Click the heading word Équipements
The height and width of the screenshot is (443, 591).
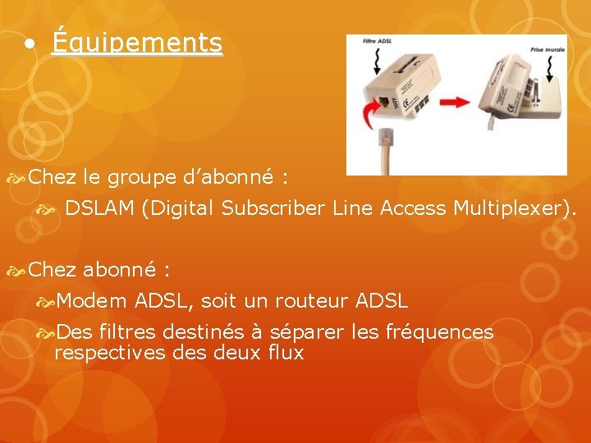click(x=136, y=43)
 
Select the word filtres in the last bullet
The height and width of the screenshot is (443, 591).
click(x=127, y=332)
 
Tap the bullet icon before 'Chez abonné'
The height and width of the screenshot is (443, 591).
click(x=16, y=269)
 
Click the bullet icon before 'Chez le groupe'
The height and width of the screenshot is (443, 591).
click(x=16, y=177)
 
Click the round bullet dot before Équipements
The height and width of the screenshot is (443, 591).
click(x=30, y=44)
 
